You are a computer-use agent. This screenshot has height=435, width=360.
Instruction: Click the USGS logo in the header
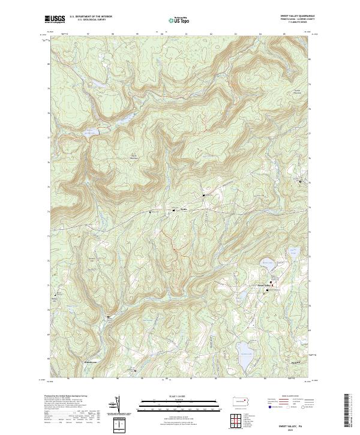click(x=55, y=19)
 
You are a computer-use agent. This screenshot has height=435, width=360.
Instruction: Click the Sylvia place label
click(x=185, y=209)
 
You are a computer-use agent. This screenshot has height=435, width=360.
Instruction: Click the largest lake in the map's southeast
click(x=245, y=350)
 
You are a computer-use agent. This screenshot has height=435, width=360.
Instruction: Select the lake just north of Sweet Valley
click(x=267, y=262)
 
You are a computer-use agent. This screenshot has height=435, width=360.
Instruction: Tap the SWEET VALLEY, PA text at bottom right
click(x=296, y=424)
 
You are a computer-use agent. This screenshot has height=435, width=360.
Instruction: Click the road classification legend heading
click(x=293, y=397)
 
